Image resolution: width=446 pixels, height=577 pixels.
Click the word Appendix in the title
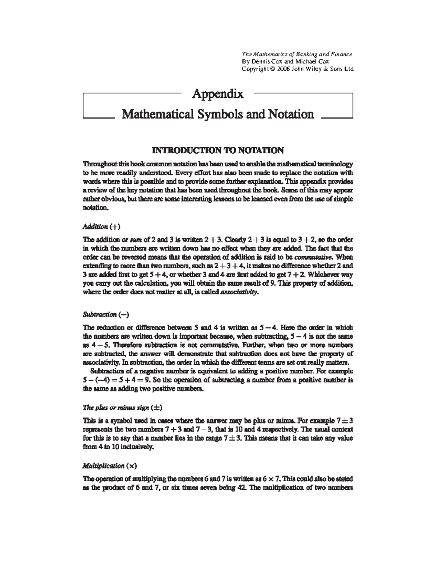tap(217, 94)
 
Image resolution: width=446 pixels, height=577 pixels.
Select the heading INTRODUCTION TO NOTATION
tap(218, 150)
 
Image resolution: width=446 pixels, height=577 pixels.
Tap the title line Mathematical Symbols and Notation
tap(218, 114)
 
